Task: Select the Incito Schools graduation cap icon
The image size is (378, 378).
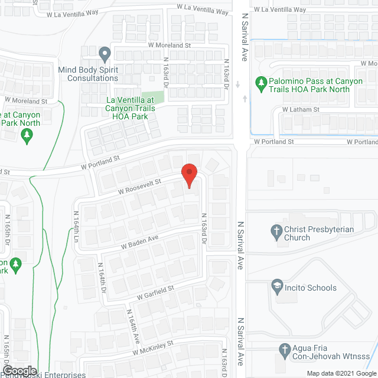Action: tap(276, 288)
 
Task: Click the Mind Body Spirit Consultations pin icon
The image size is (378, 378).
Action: tap(105, 55)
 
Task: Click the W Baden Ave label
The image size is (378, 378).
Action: tap(140, 242)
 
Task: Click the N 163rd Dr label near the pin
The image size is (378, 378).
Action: tap(204, 225)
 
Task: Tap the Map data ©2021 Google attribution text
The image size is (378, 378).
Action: tap(339, 373)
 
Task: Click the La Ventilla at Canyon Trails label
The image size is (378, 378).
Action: tap(130, 107)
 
